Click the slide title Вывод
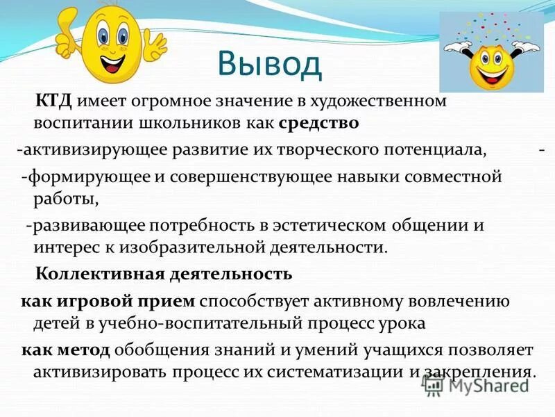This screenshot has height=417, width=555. point(270,65)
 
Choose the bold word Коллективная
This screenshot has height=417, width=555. point(99,274)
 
